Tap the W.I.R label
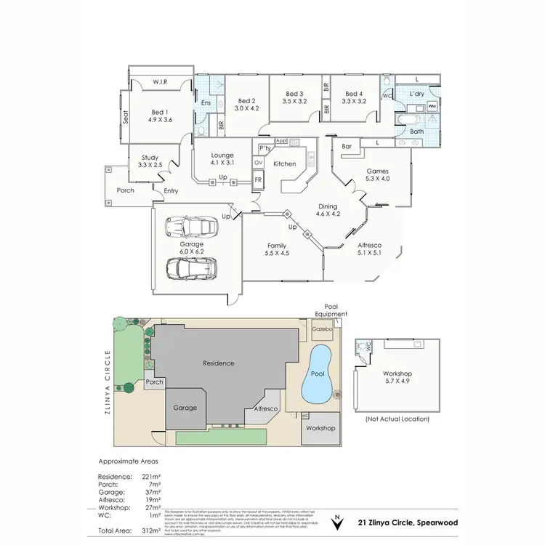(x=161, y=83)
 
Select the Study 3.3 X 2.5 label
(x=150, y=161)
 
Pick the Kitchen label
(x=284, y=164)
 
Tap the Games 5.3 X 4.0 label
(x=377, y=174)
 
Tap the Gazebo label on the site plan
(x=321, y=329)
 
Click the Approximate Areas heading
(x=128, y=461)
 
